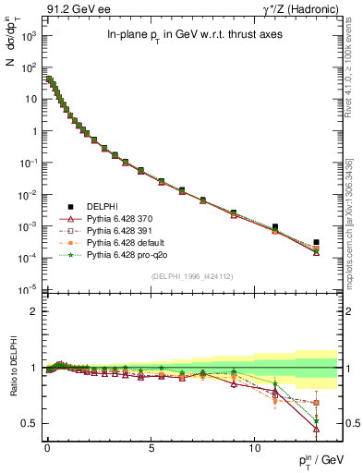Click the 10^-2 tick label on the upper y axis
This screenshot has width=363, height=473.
pyautogui.click(x=29, y=194)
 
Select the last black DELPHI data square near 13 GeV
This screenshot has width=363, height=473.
pyautogui.click(x=316, y=242)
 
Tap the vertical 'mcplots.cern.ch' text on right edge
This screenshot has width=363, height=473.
pyautogui.click(x=353, y=240)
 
